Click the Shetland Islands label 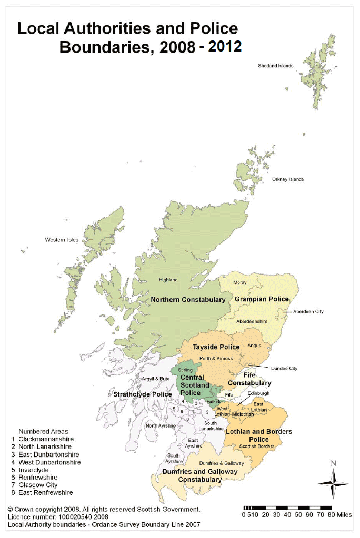276,66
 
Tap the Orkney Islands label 288,179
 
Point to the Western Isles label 62,240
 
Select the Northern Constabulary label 188,300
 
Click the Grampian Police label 262,299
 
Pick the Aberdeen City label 308,312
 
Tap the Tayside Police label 216,347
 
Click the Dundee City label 284,368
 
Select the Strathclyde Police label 143,394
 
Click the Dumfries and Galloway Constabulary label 199,475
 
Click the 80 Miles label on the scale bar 341,515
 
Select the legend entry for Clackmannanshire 46,439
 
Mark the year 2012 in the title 225,47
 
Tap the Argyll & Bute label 156,379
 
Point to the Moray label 239,282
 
